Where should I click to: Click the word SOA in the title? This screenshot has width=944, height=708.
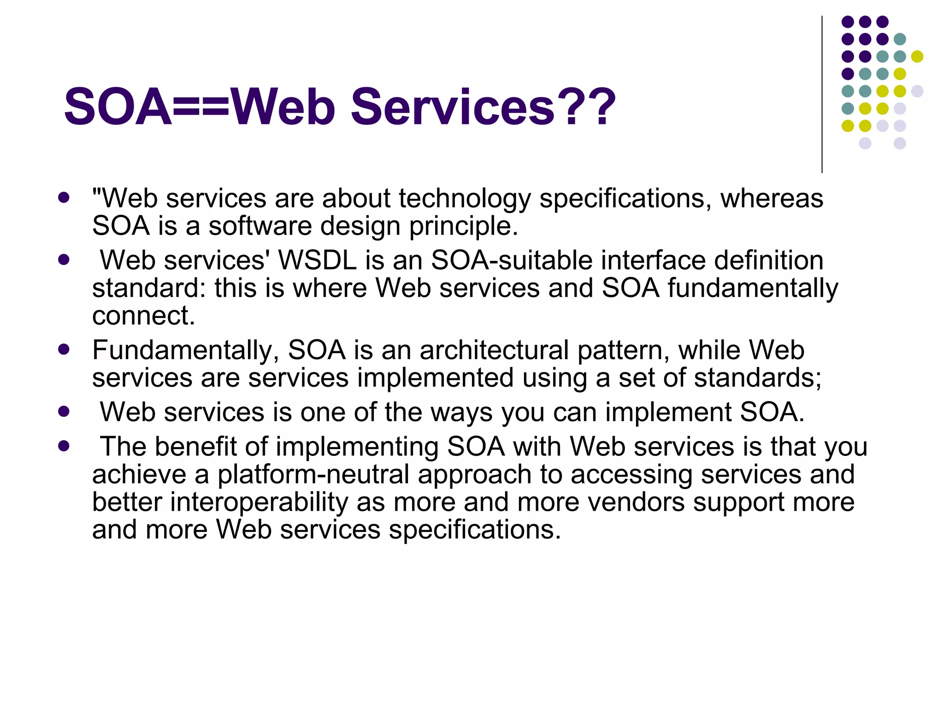click(x=118, y=107)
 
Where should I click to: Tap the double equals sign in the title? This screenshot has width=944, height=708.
click(x=201, y=107)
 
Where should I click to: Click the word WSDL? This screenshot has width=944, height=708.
click(x=318, y=260)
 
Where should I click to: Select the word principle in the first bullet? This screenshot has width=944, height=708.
click(x=464, y=226)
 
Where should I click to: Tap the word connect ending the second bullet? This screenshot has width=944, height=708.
click(x=143, y=316)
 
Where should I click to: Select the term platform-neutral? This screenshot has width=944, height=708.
click(x=313, y=474)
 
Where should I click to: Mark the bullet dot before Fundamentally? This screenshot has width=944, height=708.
click(x=64, y=349)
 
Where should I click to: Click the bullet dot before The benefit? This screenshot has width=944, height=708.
click(x=64, y=446)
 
